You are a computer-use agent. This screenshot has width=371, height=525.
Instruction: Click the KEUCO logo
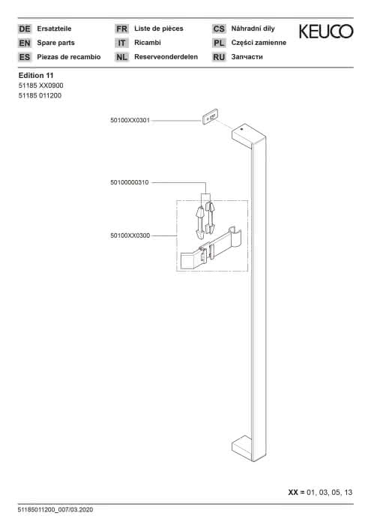point(326,31)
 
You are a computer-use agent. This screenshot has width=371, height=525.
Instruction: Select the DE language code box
point(25,28)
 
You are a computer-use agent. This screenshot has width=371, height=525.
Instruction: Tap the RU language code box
point(219,57)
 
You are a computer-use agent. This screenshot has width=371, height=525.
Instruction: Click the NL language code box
point(121,57)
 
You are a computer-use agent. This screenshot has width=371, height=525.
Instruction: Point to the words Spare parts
point(56,43)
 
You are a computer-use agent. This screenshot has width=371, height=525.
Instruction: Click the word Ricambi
point(148,43)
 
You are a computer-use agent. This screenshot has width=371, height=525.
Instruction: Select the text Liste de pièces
point(159,28)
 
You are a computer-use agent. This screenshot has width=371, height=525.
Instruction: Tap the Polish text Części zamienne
point(259,43)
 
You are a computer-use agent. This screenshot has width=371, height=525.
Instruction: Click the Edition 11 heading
point(36,75)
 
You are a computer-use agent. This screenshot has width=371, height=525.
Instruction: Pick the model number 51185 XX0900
point(40,85)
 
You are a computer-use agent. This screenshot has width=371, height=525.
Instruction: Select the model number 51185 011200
point(40,95)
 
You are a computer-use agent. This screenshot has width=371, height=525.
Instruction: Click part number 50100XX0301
point(130,120)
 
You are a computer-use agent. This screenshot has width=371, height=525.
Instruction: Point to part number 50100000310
point(130,182)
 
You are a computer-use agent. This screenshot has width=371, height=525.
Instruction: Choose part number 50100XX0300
point(130,235)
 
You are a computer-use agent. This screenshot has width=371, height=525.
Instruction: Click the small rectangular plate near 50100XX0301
point(210,117)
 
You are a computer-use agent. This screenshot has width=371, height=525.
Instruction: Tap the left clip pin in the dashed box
point(200,223)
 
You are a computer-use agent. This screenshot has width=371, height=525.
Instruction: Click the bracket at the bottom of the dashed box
point(211,248)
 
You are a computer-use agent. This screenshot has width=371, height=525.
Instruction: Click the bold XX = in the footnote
point(296,492)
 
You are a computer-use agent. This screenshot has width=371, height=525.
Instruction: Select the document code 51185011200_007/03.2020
point(55,510)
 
